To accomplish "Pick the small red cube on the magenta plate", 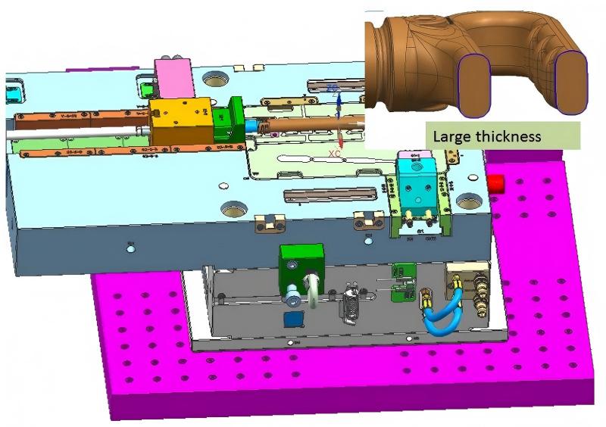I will click(498, 183).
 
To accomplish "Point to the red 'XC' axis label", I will click(334, 154).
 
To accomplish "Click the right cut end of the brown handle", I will click(571, 84).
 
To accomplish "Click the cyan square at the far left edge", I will click(12, 95).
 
